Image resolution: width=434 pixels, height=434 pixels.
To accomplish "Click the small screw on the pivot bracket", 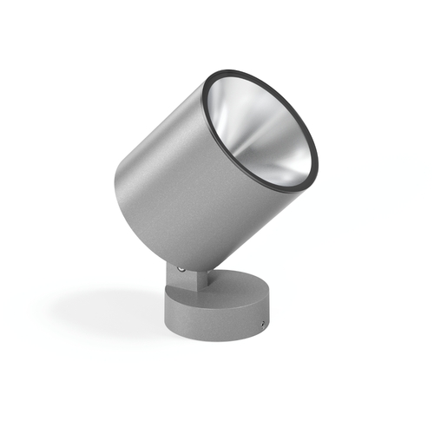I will click(x=181, y=269).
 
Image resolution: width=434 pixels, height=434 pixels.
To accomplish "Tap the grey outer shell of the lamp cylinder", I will click(x=165, y=174).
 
